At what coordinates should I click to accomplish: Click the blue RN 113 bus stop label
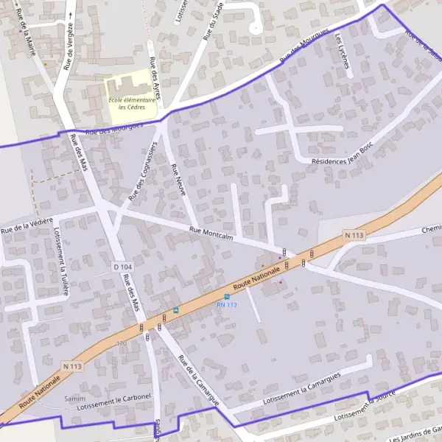pos(226,304)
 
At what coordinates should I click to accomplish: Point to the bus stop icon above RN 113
pos(227,296)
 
